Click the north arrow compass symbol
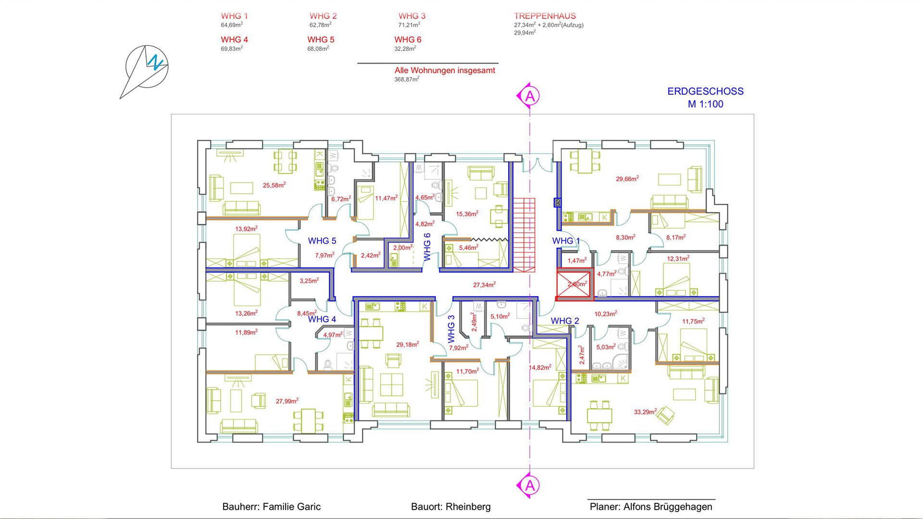147,67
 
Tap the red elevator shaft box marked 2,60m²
575,284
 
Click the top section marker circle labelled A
530,96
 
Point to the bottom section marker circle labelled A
530,486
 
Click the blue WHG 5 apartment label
322,241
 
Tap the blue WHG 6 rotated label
427,247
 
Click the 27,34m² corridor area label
484,285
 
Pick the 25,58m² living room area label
274,185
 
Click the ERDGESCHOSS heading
705,91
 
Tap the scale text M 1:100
705,104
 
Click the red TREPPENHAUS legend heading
545,16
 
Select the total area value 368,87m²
407,79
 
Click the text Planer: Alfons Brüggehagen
651,507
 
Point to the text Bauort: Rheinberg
450,507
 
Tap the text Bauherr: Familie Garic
271,507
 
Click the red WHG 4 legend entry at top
234,39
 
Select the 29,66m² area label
627,179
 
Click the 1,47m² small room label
577,260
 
